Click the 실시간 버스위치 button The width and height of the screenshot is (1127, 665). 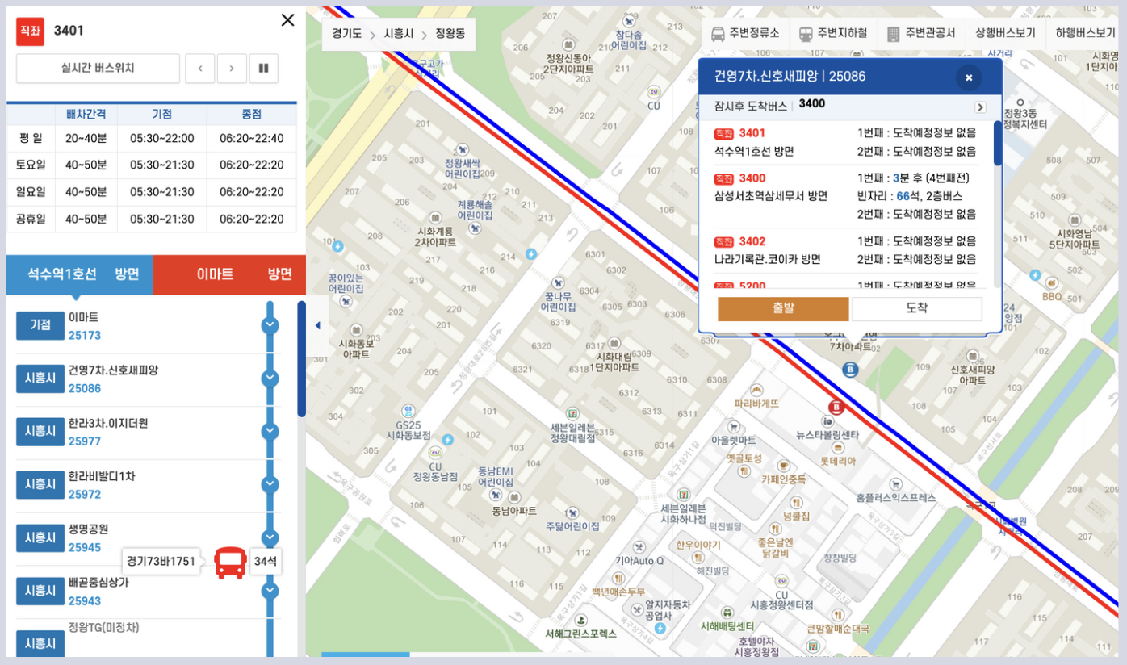tap(98, 69)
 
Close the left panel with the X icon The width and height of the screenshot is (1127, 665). tap(287, 20)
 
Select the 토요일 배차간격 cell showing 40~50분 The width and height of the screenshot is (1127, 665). tap(86, 165)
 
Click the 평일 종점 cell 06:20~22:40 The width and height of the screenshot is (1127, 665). tap(251, 138)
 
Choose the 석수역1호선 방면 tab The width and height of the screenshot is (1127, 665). tap(79, 274)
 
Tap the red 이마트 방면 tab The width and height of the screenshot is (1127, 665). tap(229, 274)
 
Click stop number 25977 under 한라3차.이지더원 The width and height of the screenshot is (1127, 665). tap(85, 441)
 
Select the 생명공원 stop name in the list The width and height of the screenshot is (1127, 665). tap(88, 529)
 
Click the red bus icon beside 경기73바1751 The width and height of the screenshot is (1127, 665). tap(230, 562)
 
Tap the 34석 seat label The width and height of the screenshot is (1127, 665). tap(266, 562)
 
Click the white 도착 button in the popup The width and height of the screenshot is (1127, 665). tap(916, 308)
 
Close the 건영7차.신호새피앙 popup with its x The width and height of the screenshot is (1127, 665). tap(968, 77)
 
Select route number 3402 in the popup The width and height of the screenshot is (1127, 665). tap(752, 241)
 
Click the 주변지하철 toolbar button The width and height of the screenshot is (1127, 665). tap(833, 34)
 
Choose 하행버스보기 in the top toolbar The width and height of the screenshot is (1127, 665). tap(1085, 34)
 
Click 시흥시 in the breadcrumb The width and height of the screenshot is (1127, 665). tap(399, 34)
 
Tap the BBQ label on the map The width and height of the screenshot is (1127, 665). tap(1052, 296)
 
